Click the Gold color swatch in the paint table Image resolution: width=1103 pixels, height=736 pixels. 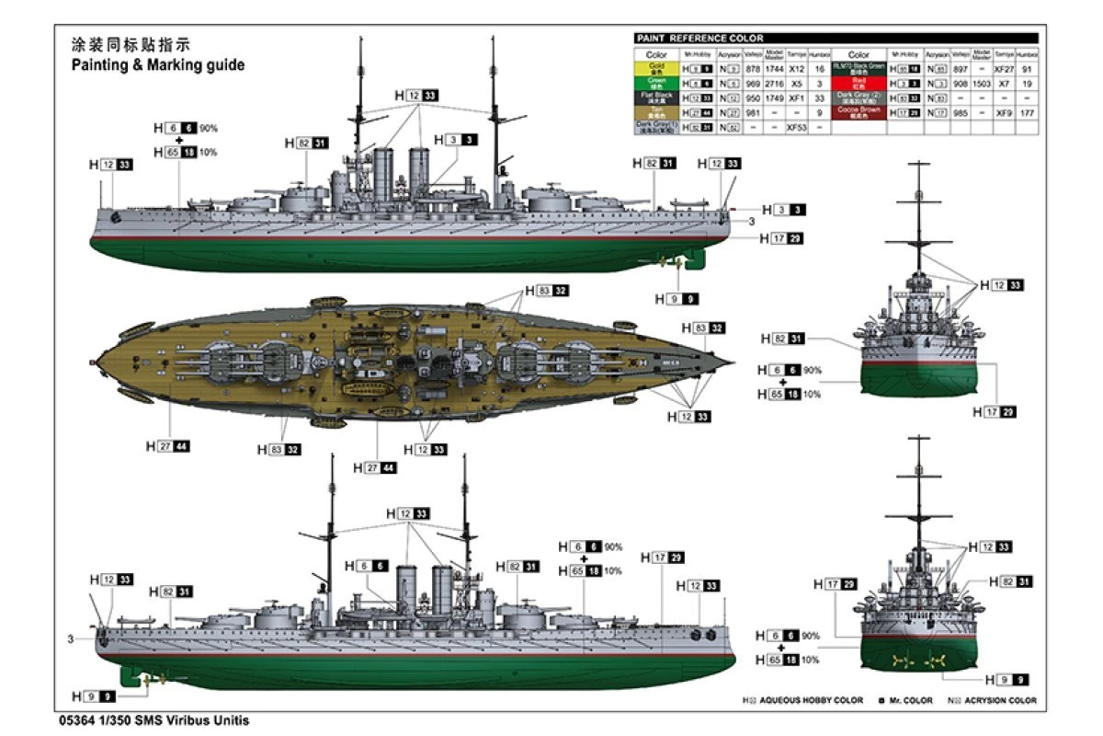click(x=656, y=69)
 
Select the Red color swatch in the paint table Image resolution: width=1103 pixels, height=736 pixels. click(x=858, y=83)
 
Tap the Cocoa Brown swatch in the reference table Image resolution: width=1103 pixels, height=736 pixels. click(x=858, y=111)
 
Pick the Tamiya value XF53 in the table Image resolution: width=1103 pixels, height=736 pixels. click(x=796, y=126)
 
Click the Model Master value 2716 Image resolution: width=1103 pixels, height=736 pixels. click(x=775, y=83)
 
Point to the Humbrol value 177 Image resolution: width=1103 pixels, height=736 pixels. click(x=1027, y=111)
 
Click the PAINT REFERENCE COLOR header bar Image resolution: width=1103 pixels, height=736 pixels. click(x=836, y=38)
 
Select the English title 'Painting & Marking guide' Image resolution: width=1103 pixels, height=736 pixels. click(x=158, y=65)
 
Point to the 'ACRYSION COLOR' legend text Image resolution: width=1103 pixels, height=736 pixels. click(x=1001, y=700)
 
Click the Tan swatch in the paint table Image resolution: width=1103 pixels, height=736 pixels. click(x=656, y=111)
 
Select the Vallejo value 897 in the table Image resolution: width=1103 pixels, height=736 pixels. click(x=960, y=69)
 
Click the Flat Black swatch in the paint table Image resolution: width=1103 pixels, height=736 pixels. click(x=656, y=98)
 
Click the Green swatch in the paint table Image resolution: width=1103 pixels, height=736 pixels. click(x=656, y=83)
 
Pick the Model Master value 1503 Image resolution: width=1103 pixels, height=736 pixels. click(x=982, y=83)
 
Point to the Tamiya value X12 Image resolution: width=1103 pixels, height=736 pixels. click(x=796, y=69)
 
